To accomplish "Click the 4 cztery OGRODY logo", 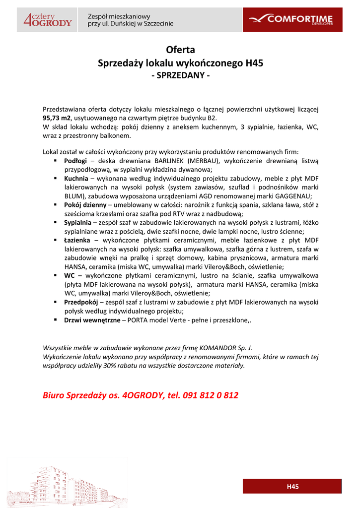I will click(48, 20).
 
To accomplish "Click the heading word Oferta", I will click(180, 50).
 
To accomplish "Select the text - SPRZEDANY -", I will click(180, 76).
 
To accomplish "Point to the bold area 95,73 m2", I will click(57, 118).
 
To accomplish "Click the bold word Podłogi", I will click(75, 161).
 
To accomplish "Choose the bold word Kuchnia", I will click(76, 178).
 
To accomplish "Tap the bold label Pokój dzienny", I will click(85, 204).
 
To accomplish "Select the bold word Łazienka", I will click(77, 240).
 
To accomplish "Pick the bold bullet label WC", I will click(70, 275).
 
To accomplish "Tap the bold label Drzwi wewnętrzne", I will click(92, 320).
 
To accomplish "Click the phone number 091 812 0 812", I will click(211, 395).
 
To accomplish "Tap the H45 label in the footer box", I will click(292, 487).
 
